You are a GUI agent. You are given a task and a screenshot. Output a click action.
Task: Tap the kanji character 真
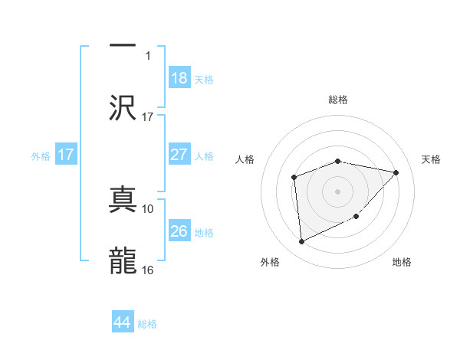pyautogui.click(x=123, y=196)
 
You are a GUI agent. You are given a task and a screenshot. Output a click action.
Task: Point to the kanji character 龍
pyautogui.click(x=123, y=260)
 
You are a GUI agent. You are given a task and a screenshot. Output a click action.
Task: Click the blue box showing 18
pyautogui.click(x=179, y=78)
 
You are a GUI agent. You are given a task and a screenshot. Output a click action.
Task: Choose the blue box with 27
pyautogui.click(x=179, y=155)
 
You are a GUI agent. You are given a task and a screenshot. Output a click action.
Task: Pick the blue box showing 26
pyautogui.click(x=179, y=231)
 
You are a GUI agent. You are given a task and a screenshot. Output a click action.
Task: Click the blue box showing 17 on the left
pyautogui.click(x=66, y=155)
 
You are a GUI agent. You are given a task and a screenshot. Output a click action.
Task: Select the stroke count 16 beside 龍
pyautogui.click(x=148, y=270)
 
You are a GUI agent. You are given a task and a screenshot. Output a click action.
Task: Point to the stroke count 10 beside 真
pyautogui.click(x=148, y=208)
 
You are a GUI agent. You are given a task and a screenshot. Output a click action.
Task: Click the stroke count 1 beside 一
pyautogui.click(x=148, y=55)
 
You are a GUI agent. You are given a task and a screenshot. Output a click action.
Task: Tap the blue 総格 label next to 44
pyautogui.click(x=147, y=324)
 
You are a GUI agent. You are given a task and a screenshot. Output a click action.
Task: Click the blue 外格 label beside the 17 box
pyautogui.click(x=41, y=155)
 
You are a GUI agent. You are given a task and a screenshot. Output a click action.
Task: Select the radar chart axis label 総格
pyautogui.click(x=338, y=100)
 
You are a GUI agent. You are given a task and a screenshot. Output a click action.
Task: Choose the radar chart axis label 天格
pyautogui.click(x=432, y=159)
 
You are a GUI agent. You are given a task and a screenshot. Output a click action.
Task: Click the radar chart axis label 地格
pyautogui.click(x=402, y=262)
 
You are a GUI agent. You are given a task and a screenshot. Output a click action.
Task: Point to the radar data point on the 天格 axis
pyautogui.click(x=396, y=172)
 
